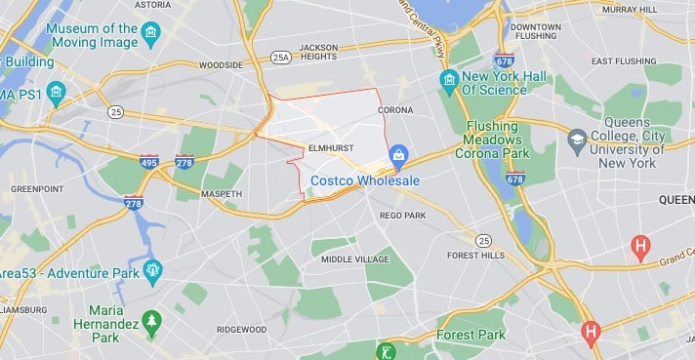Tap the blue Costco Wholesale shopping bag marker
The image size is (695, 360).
pyautogui.click(x=398, y=155)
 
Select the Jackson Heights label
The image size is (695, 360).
pyautogui.click(x=317, y=52)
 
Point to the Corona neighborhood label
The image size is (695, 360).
pyautogui.click(x=394, y=110)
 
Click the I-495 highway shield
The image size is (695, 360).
pyautogui.click(x=148, y=161)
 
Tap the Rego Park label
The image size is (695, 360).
pyautogui.click(x=398, y=215)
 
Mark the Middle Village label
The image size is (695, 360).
pyautogui.click(x=354, y=259)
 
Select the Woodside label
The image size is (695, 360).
pyautogui.click(x=220, y=65)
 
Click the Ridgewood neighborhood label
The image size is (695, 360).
pyautogui.click(x=242, y=330)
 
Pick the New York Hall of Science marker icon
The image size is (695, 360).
pyautogui.click(x=449, y=78)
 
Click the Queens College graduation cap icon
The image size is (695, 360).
pyautogui.click(x=577, y=138)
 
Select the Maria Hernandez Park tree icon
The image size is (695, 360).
pyautogui.click(x=150, y=320)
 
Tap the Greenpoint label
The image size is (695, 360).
pyautogui.click(x=36, y=188)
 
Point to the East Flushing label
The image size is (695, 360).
pyautogui.click(x=623, y=60)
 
